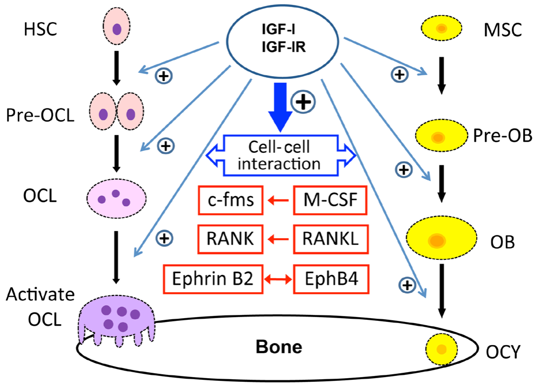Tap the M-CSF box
[330, 202]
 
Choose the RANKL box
[330, 238]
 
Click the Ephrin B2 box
[213, 280]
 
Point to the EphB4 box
[330, 280]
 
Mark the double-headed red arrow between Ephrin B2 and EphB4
[279, 280]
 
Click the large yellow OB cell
[442, 239]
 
